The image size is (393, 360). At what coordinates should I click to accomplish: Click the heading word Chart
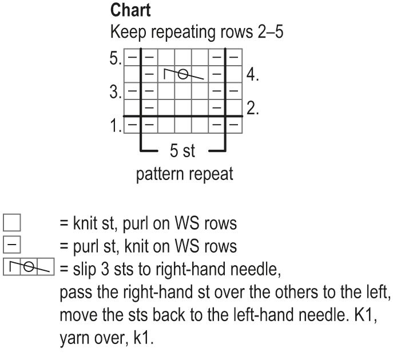tap(131, 10)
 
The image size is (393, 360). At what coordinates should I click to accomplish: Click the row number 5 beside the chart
tap(116, 58)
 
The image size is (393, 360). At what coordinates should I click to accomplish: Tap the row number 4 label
tap(253, 74)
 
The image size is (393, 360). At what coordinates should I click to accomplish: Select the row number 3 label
tap(116, 91)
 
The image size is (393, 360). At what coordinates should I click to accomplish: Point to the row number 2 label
tap(253, 107)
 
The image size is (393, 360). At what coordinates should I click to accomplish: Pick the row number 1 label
tap(116, 125)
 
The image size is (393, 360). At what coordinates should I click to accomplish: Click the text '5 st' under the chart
tap(182, 151)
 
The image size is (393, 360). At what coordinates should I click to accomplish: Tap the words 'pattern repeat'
tap(184, 174)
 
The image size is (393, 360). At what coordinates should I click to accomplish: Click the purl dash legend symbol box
tap(12, 246)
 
